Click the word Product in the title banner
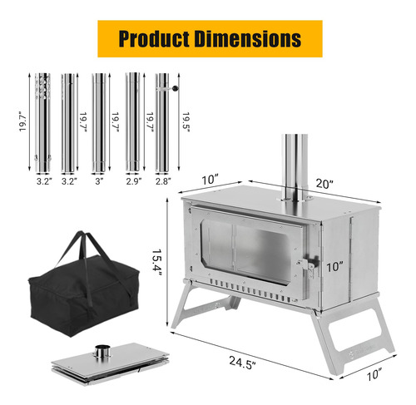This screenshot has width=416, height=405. click(x=154, y=38)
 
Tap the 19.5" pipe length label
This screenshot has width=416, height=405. click(x=186, y=122)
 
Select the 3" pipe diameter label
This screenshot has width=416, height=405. click(x=99, y=181)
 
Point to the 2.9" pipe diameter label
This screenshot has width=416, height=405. click(x=134, y=181)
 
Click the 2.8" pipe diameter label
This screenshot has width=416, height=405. click(x=163, y=181)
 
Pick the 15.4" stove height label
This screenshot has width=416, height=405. click(x=156, y=262)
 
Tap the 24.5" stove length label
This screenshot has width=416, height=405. click(x=242, y=363)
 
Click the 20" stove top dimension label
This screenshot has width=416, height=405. click(x=324, y=184)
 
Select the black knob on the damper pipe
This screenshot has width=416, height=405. click(x=176, y=88)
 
